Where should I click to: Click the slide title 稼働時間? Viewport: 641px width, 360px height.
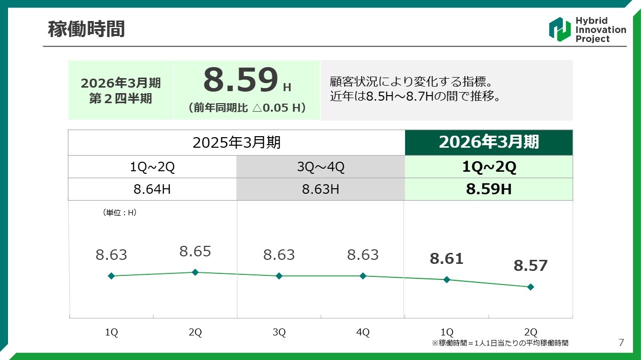click(86, 30)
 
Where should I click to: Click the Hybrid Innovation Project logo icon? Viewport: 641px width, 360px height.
click(559, 30)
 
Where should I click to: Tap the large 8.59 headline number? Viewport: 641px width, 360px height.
click(240, 81)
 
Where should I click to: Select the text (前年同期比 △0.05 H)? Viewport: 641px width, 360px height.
click(247, 108)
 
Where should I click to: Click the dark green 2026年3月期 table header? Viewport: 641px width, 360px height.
click(489, 142)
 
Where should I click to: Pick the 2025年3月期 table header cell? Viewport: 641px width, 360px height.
click(236, 143)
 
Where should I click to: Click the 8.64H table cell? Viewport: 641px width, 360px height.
click(152, 189)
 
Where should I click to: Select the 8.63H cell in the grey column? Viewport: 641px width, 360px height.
click(320, 189)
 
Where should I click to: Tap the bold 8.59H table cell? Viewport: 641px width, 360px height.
click(489, 189)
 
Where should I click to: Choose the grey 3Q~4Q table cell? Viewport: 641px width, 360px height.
click(320, 167)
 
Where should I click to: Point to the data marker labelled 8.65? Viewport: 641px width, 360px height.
click(195, 272)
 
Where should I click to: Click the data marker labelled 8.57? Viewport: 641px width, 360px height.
click(531, 287)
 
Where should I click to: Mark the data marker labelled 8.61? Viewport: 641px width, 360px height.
click(447, 279)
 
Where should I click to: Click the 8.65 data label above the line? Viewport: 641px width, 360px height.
click(195, 251)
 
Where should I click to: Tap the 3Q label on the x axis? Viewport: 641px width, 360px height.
click(279, 332)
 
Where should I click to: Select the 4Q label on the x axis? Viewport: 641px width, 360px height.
click(363, 332)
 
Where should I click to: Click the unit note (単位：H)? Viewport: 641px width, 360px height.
click(119, 212)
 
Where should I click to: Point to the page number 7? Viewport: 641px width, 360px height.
click(621, 342)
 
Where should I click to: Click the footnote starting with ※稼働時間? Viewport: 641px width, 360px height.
click(500, 343)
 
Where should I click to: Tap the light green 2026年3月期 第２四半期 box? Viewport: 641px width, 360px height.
click(121, 91)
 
